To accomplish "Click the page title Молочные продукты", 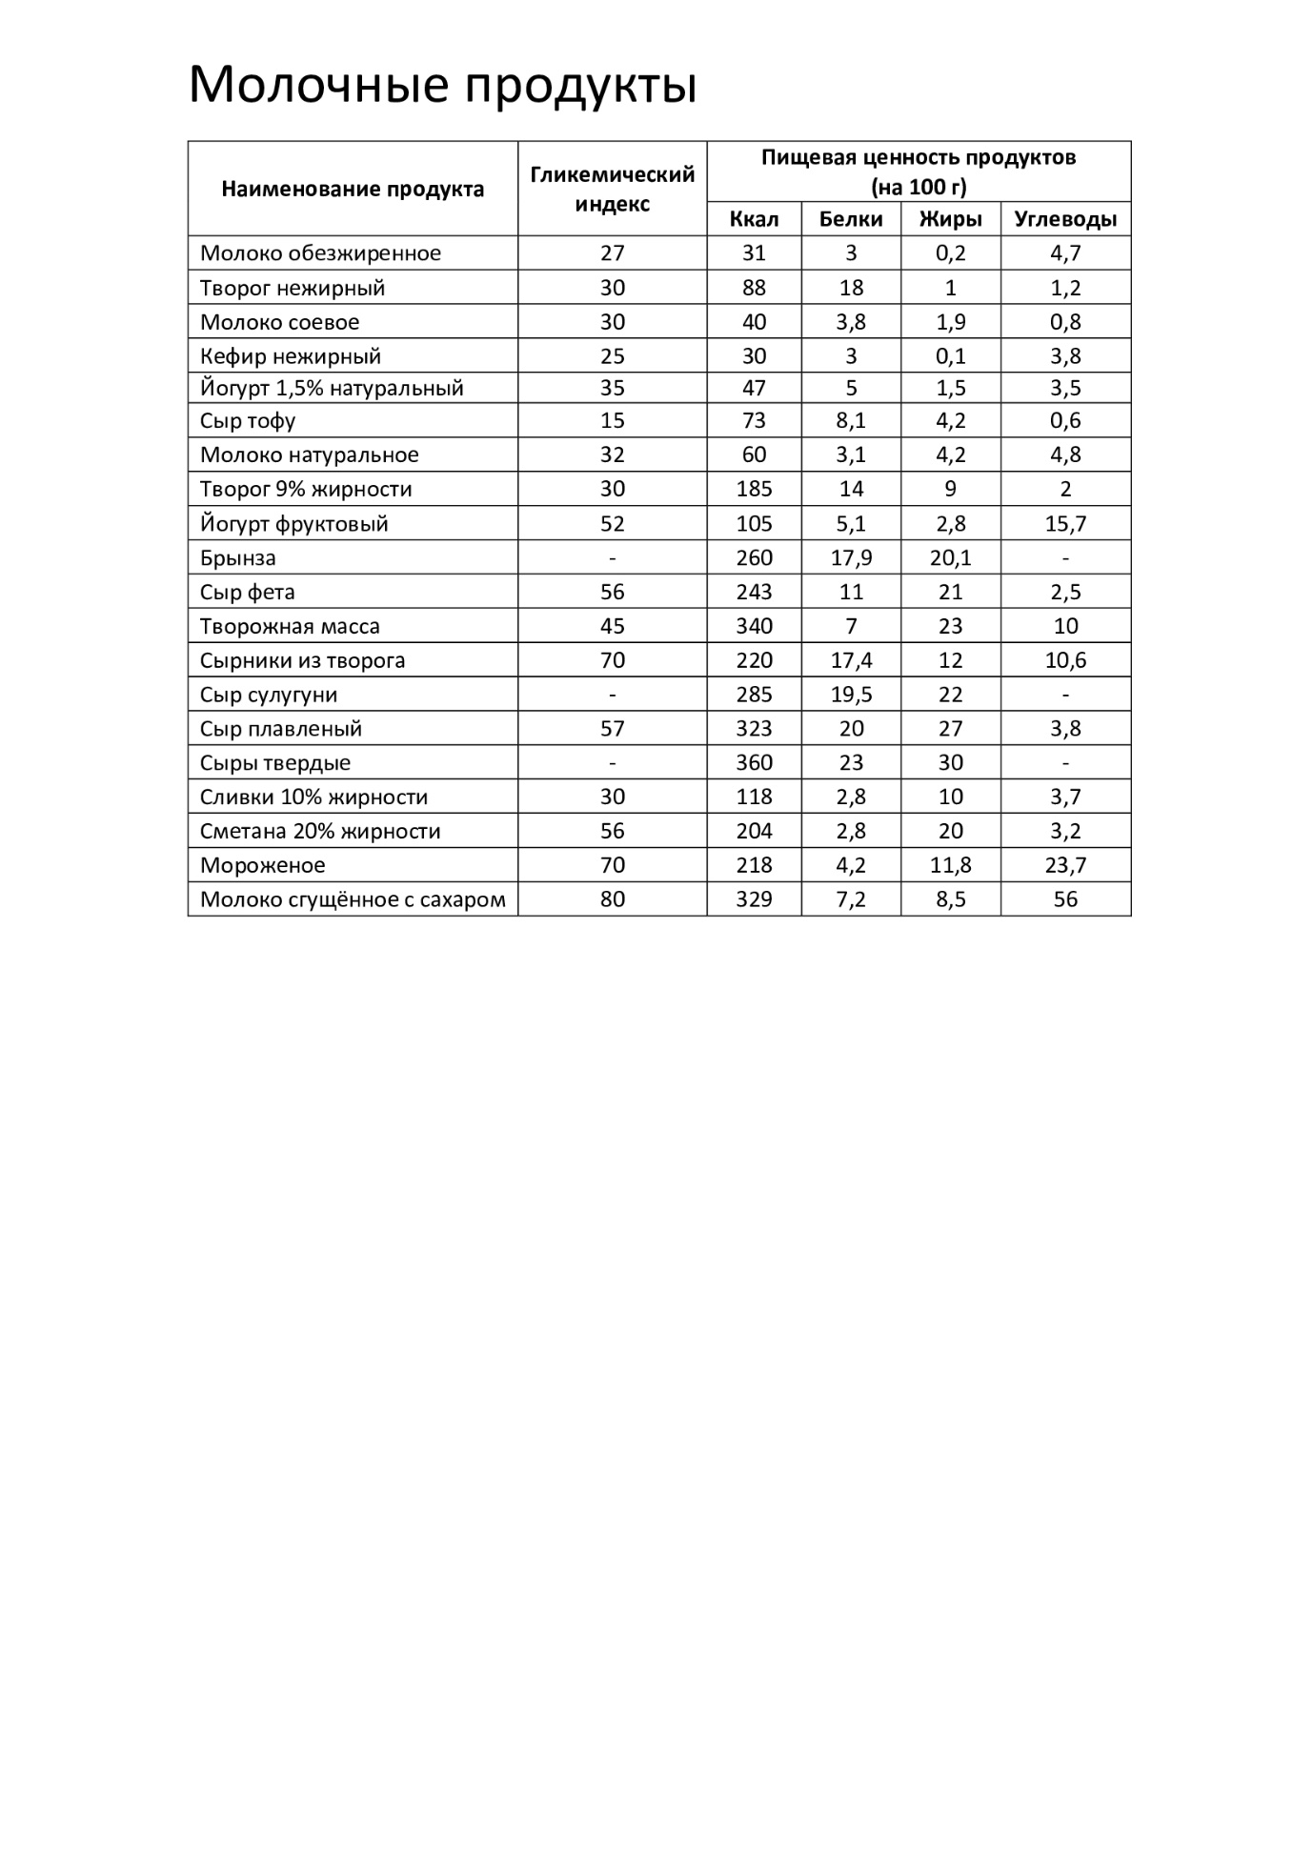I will coord(442,86).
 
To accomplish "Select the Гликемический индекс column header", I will coord(612,189).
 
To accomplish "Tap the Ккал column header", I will coord(754,219).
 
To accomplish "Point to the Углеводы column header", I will coord(1065,219).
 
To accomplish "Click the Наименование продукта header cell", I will coord(353,189).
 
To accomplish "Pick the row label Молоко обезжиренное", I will coord(320,253).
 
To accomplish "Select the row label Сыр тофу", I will coord(248,421).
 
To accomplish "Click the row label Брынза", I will coord(238,558).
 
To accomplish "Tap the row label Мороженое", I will coord(263,866).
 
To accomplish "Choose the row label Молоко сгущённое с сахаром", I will coord(353,900).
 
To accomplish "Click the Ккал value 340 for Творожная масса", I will coord(754,627).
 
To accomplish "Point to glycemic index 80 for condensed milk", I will coord(612,900).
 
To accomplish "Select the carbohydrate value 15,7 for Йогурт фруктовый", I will coord(1065,524).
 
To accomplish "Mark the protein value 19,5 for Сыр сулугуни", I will coord(851,696).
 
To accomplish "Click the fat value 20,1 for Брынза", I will coord(950,558).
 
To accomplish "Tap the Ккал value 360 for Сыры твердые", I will coord(754,763).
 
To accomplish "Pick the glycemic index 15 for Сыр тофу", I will coord(612,421).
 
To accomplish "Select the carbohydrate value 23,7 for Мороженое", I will coord(1065,866).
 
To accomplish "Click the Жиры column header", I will coord(950,219).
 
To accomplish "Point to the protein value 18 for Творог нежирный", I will coord(851,288).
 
